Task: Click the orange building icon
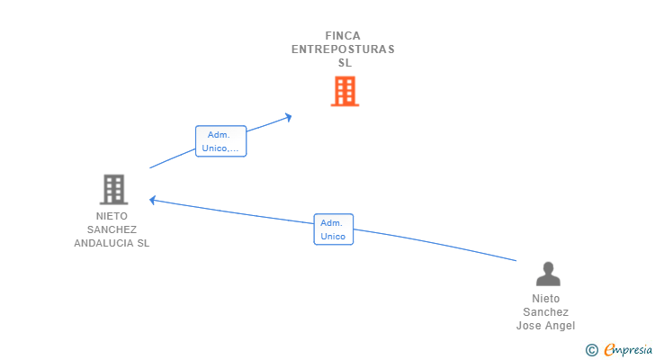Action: click(345, 91)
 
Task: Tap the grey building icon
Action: click(113, 189)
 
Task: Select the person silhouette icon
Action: click(547, 274)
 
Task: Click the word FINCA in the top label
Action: click(343, 36)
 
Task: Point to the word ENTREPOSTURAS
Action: click(343, 49)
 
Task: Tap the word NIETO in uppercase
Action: click(112, 216)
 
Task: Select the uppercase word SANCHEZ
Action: click(112, 229)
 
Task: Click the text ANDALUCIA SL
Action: click(112, 243)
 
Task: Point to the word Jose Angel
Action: click(545, 326)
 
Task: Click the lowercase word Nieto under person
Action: click(545, 299)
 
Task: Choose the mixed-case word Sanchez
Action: click(545, 312)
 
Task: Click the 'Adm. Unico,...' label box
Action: click(220, 141)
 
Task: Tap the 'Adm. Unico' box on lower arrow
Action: click(333, 229)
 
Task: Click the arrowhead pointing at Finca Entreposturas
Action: click(288, 116)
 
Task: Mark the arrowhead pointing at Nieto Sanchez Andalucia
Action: click(153, 200)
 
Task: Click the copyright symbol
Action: click(591, 349)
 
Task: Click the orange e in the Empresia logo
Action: click(609, 349)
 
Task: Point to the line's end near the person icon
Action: click(516, 260)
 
